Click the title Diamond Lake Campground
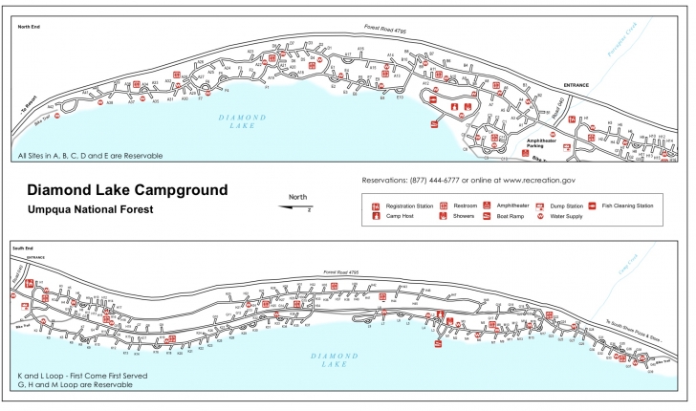pyautogui.click(x=127, y=188)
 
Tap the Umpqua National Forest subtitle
pyautogui.click(x=90, y=207)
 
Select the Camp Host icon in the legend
pyautogui.click(x=377, y=216)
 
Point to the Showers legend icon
pyautogui.click(x=444, y=216)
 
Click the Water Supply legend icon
pyautogui.click(x=540, y=216)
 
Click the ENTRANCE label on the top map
pyautogui.click(x=576, y=86)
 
